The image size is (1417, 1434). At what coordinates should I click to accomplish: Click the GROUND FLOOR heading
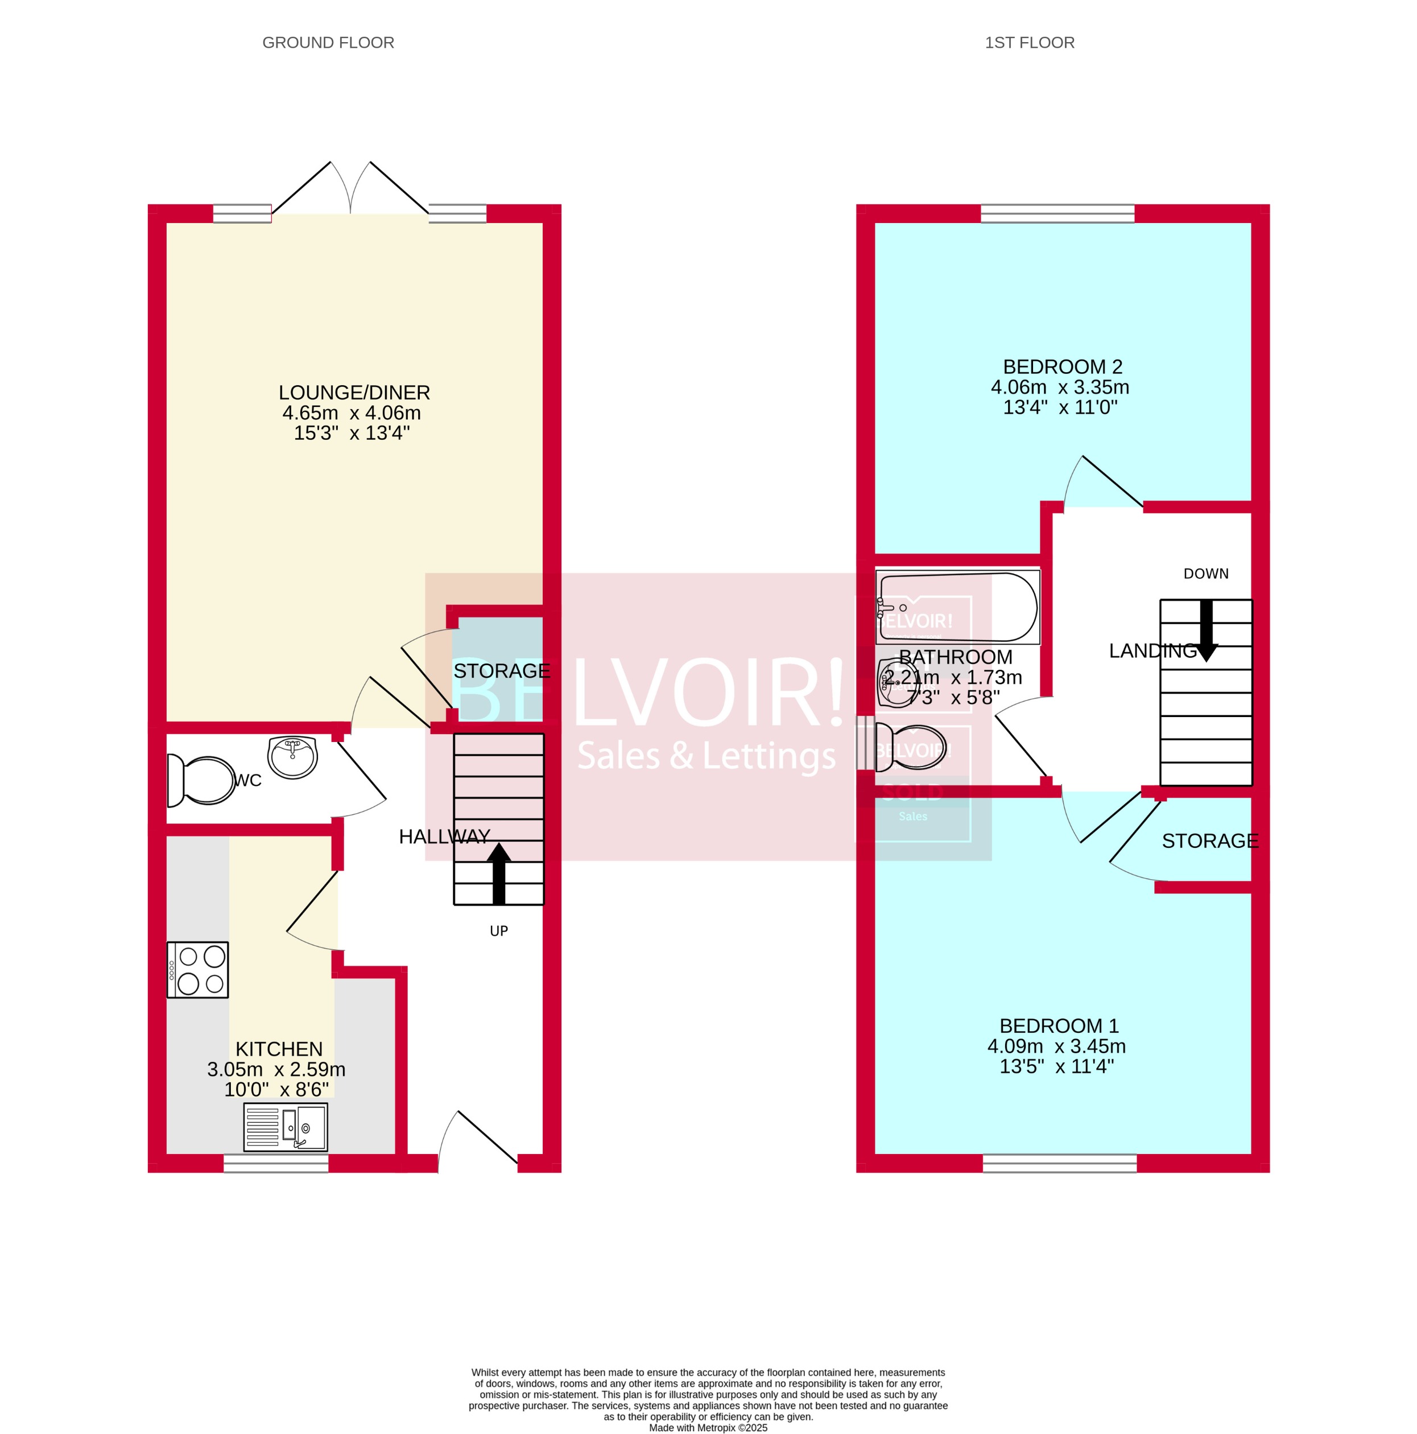point(328,42)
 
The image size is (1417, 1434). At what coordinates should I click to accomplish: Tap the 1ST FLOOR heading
point(1029,42)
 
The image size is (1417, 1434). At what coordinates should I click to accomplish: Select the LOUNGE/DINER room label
point(354,392)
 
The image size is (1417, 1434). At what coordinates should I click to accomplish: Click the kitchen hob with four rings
point(197,969)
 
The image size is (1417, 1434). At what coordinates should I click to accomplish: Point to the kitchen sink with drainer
point(285,1127)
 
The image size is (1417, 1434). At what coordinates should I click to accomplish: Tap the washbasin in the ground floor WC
point(292,756)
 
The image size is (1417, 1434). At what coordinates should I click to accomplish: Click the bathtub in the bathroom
point(957,607)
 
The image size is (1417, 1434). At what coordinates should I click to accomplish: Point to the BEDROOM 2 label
point(1063,366)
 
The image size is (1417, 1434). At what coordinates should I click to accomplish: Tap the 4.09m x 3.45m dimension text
point(1056,1046)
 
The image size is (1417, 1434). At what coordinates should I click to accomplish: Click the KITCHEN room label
point(279,1049)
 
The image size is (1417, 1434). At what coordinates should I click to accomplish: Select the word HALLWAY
point(444,836)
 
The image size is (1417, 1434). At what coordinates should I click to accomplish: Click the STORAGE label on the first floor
point(1209,841)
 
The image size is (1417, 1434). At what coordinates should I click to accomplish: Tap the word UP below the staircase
point(498,931)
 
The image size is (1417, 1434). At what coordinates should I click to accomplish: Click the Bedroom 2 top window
point(1057,214)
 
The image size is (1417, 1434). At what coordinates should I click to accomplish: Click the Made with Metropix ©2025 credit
point(708,1427)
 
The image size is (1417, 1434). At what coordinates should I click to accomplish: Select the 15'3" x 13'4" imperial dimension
point(352,432)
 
